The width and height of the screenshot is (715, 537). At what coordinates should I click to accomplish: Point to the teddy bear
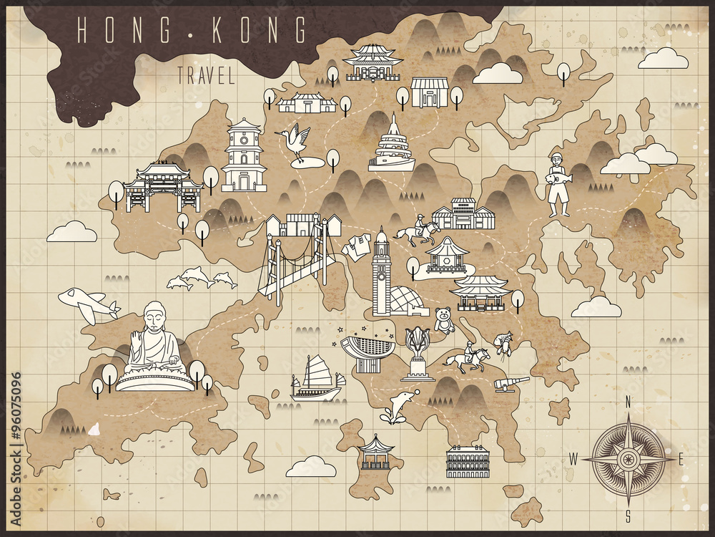click(444, 320)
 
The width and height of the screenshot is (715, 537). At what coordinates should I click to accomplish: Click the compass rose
click(628, 457)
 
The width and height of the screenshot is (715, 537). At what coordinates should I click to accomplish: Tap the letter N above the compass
click(628, 402)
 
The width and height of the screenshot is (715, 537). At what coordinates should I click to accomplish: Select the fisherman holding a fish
click(558, 182)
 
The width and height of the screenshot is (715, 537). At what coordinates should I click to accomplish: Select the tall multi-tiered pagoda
click(244, 155)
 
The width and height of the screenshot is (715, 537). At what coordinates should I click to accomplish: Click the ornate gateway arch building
click(163, 186)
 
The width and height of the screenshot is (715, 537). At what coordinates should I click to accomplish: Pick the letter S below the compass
click(628, 514)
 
